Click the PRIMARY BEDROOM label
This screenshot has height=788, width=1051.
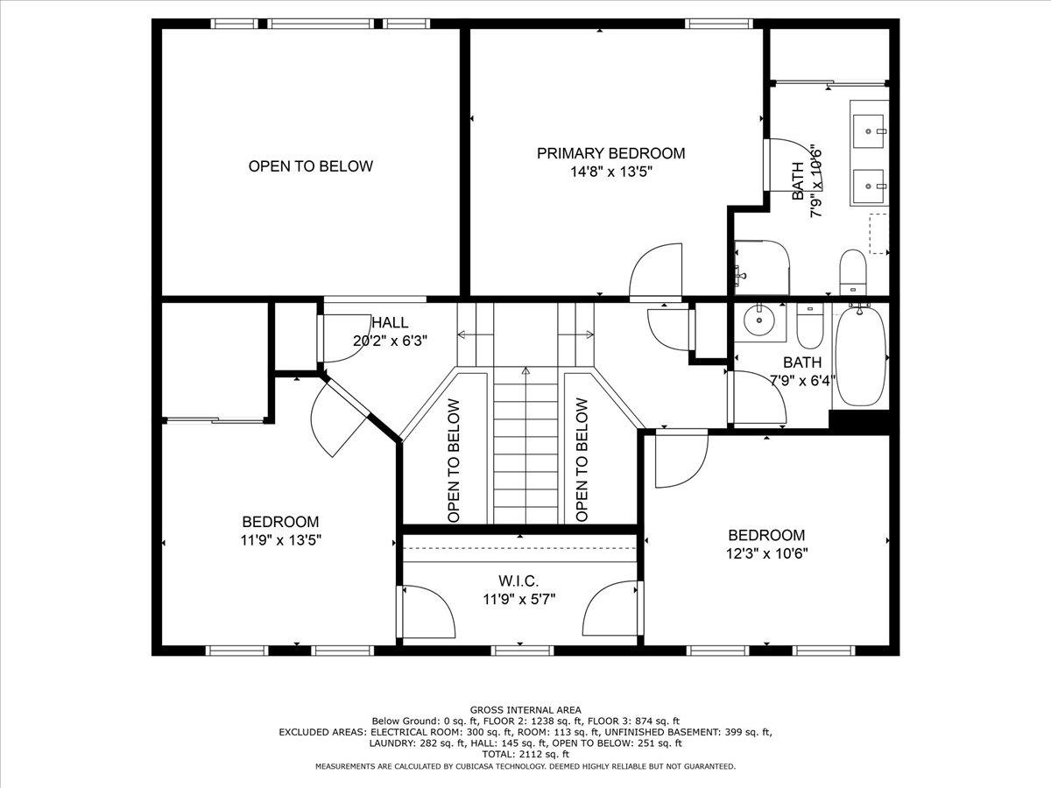click(610, 153)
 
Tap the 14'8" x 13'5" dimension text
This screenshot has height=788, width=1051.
click(611, 172)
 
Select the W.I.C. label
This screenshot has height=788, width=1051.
click(518, 580)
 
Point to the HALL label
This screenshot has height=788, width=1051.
click(391, 322)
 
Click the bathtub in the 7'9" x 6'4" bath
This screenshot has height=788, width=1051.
click(860, 356)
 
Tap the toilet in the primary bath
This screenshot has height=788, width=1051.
click(853, 272)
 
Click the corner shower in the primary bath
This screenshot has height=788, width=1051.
click(761, 268)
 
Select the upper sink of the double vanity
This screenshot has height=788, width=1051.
click(868, 131)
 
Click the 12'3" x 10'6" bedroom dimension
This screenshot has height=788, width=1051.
click(766, 553)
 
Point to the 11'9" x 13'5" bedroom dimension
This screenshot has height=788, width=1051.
click(280, 540)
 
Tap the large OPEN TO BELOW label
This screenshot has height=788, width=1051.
click(310, 166)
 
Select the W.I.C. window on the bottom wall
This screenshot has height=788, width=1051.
click(522, 651)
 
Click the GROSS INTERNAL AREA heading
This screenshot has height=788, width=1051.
click(525, 710)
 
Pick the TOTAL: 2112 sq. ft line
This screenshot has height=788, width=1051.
click(525, 755)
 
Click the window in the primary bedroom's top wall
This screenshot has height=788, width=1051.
click(719, 24)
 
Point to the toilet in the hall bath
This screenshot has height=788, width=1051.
click(810, 326)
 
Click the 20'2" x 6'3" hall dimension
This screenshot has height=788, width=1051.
click(390, 341)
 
